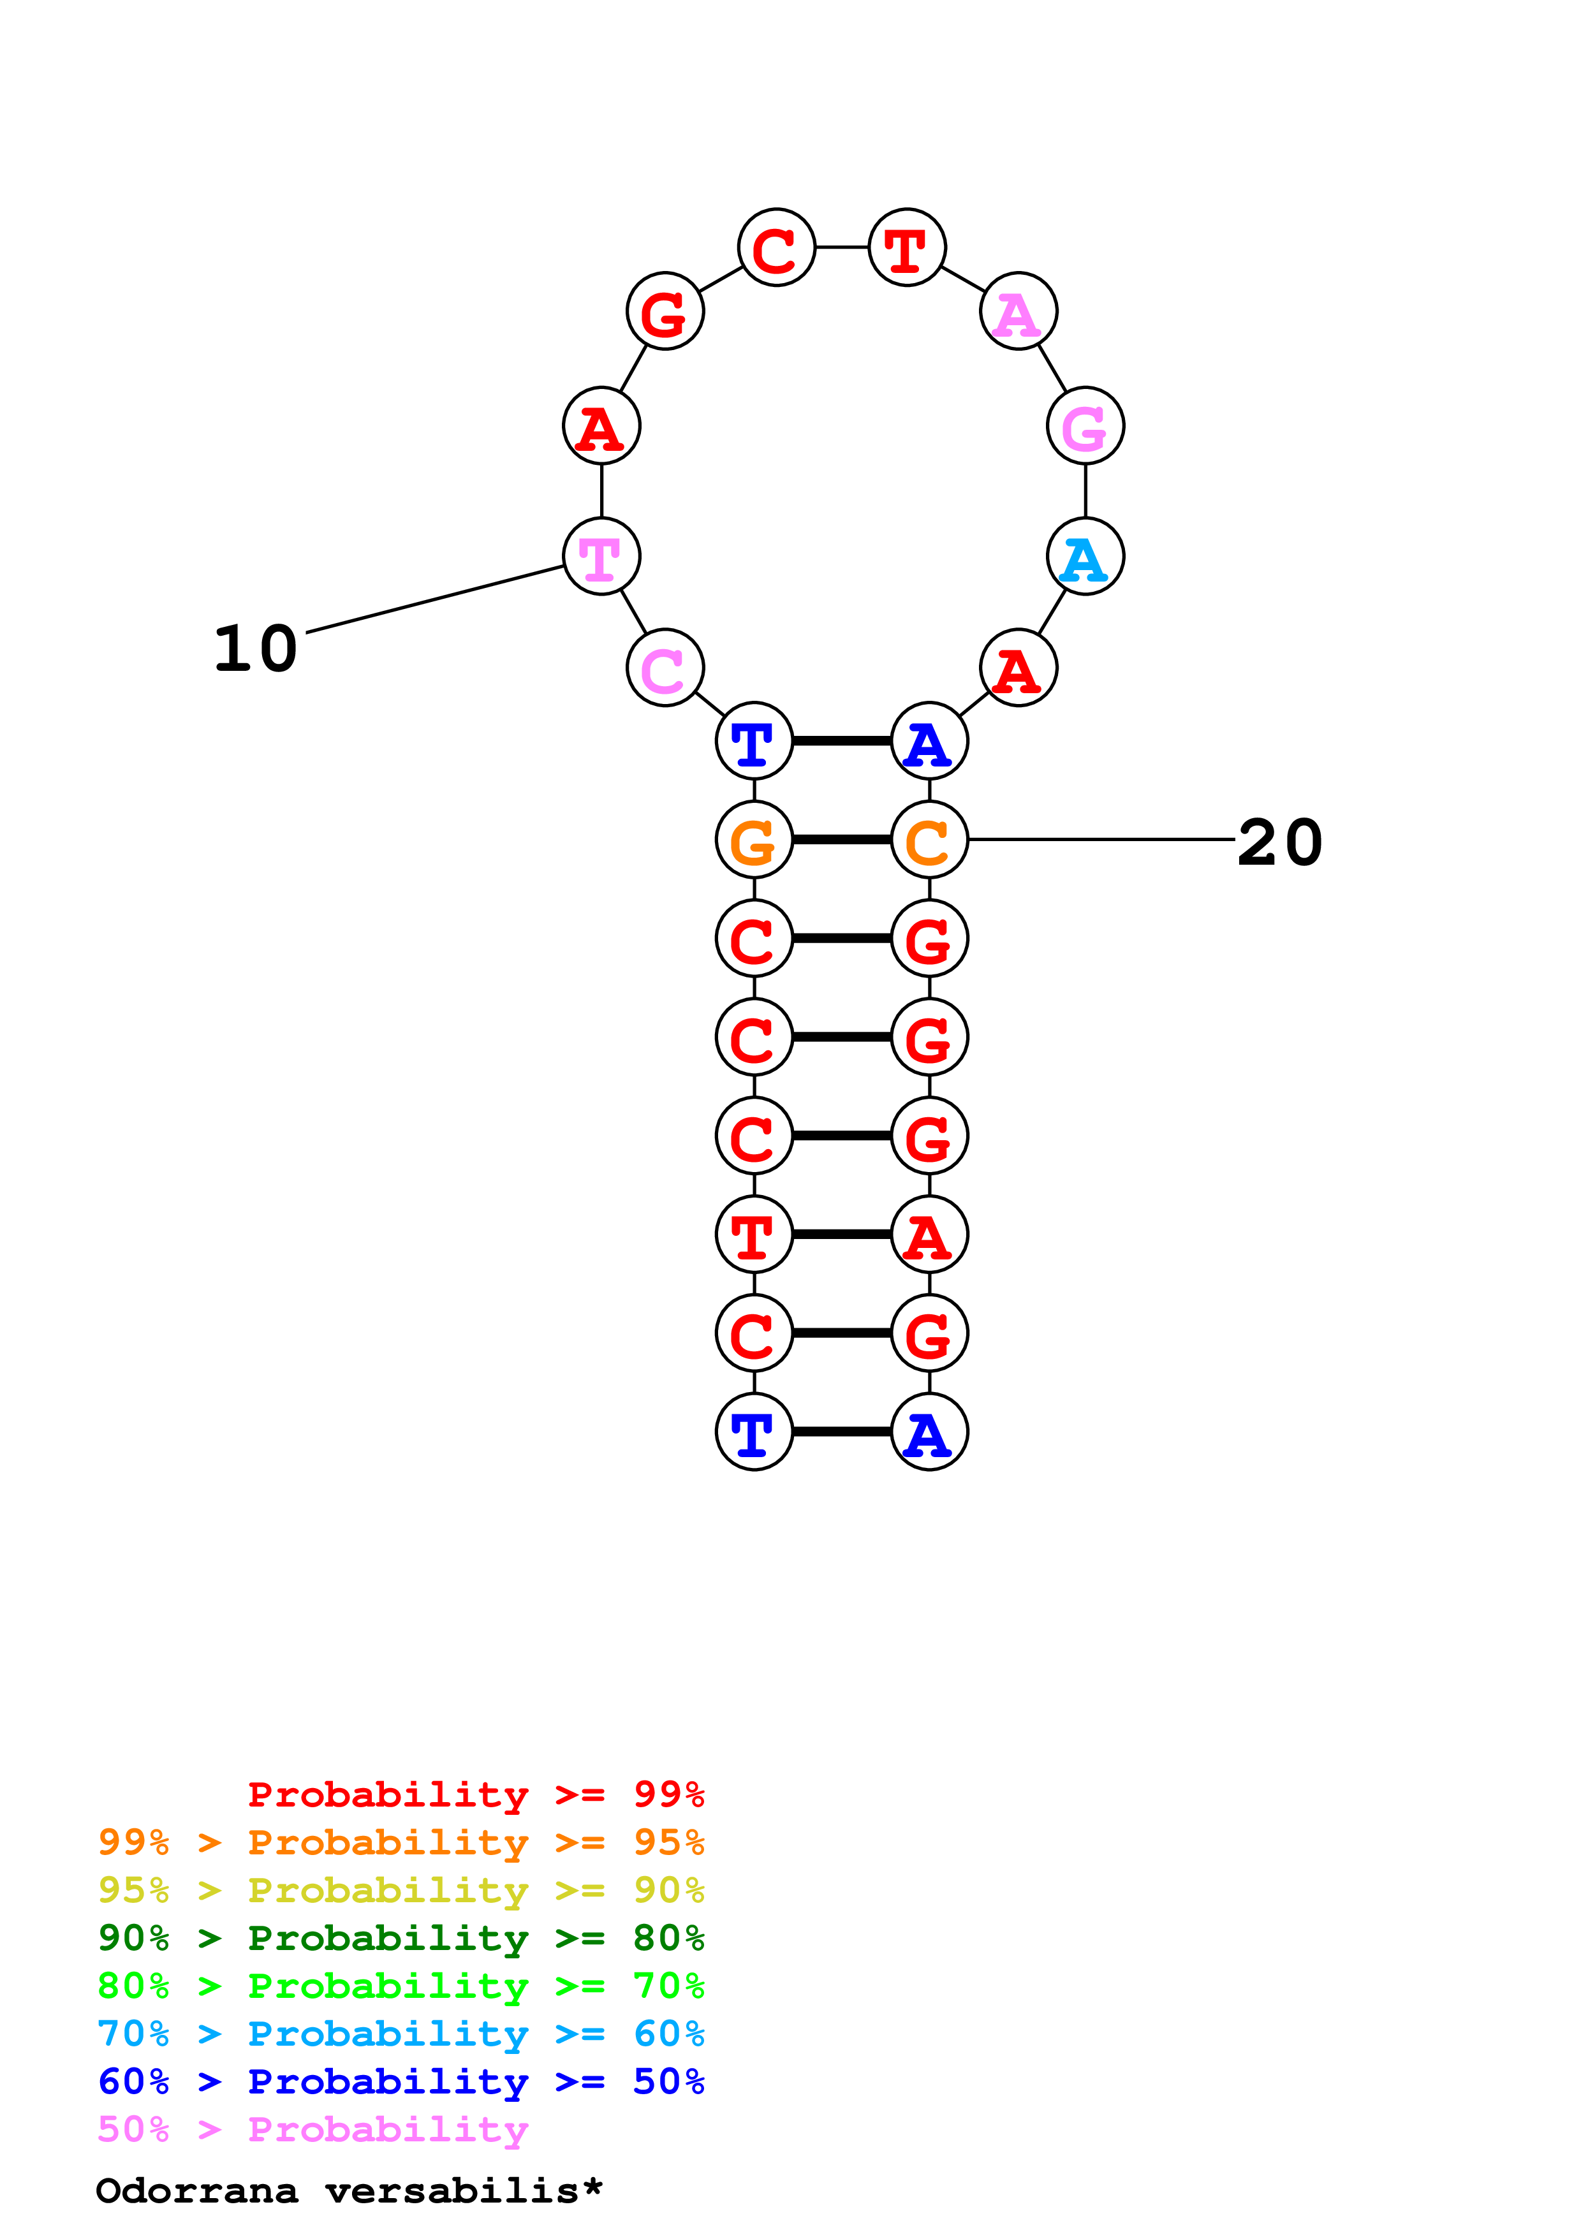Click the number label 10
(x=255, y=650)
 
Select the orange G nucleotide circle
(x=754, y=840)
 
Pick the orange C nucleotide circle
(x=929, y=840)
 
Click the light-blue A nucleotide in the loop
(x=1085, y=557)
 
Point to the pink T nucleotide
(x=602, y=557)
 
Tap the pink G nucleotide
(x=1085, y=426)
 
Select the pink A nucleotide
(x=1018, y=312)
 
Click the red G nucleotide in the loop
(x=665, y=312)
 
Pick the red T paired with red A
(x=754, y=1235)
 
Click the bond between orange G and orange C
(x=842, y=840)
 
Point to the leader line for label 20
(x=1101, y=839)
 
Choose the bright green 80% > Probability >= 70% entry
(x=401, y=1986)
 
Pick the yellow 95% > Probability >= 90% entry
(x=401, y=1890)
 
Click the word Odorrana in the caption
(x=197, y=2191)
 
